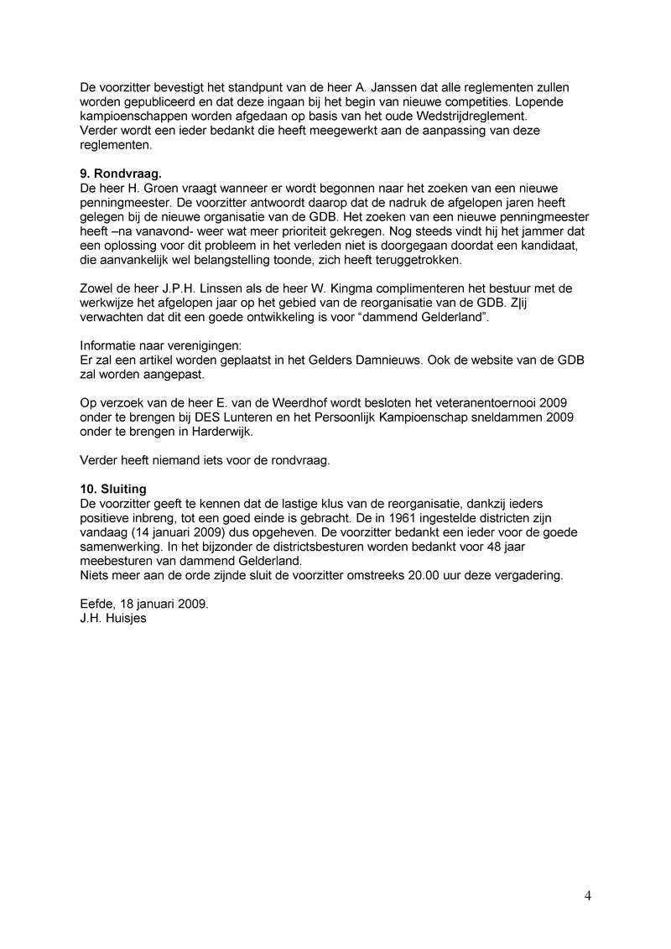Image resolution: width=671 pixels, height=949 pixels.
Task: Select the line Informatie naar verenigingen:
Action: (159, 345)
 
